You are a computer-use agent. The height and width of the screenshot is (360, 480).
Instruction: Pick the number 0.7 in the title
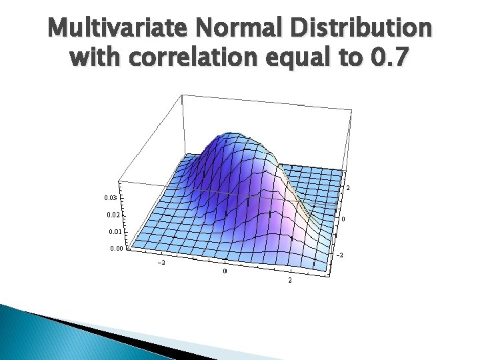click(x=391, y=58)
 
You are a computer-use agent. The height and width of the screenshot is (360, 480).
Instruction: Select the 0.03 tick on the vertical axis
click(x=113, y=198)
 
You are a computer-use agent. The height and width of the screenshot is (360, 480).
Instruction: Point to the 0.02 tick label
click(x=113, y=215)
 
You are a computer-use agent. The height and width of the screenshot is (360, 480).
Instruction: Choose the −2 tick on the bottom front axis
click(x=161, y=263)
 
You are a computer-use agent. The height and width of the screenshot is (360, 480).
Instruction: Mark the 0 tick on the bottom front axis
click(x=225, y=271)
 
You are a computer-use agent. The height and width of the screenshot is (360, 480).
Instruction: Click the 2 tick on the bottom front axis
click(x=290, y=281)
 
